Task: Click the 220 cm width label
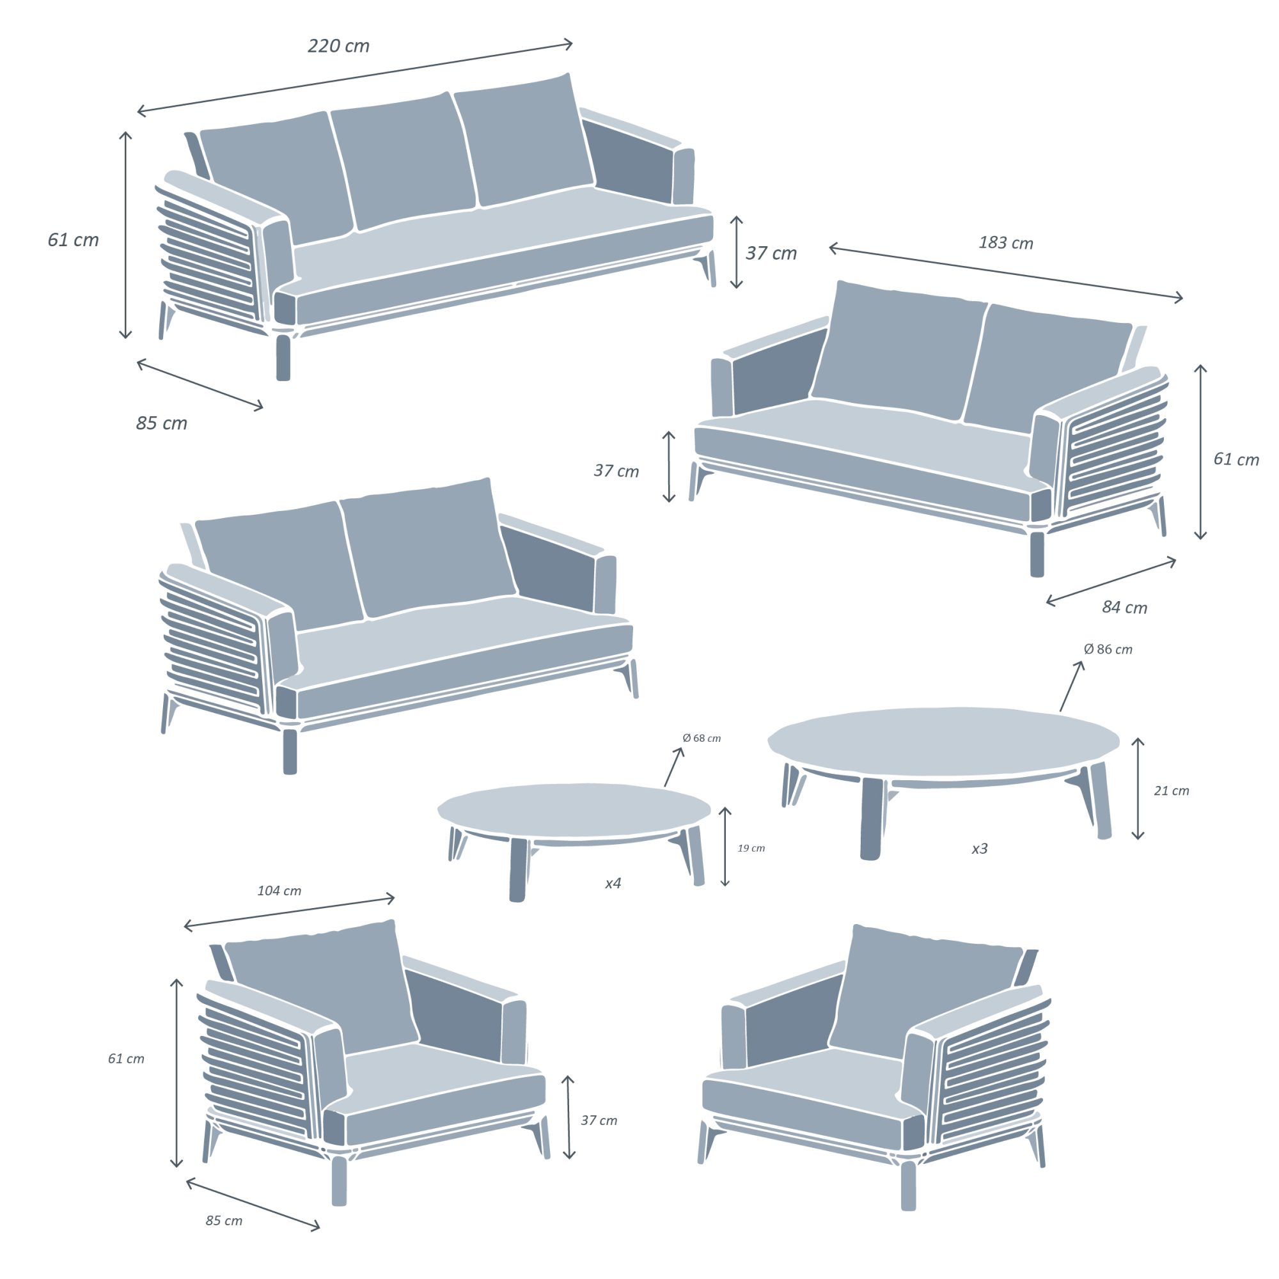(338, 45)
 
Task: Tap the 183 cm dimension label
(1005, 243)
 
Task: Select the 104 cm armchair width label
(279, 891)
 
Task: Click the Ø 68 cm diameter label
(701, 738)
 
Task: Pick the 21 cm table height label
(1171, 790)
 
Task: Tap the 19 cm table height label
(751, 848)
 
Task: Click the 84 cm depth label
(1124, 607)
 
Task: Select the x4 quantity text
(613, 883)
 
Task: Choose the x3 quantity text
(979, 848)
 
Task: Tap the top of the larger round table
(943, 741)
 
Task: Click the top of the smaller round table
(574, 812)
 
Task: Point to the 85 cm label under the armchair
(224, 1221)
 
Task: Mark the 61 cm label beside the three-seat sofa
(73, 240)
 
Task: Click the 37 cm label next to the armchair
(599, 1120)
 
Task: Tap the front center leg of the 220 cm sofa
(283, 357)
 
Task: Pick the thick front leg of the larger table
(871, 819)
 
